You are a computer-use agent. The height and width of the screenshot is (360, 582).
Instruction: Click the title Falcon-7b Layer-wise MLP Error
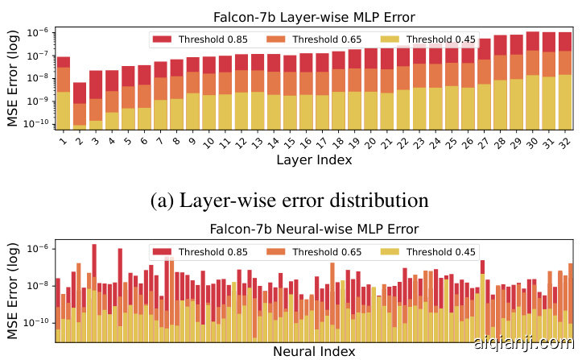coord(308,16)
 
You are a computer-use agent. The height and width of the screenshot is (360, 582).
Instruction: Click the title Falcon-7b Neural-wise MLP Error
coord(308,229)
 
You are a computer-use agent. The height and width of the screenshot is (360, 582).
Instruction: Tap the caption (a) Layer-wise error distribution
coord(290,199)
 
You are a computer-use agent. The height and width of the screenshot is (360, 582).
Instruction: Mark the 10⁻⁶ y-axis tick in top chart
coord(40,32)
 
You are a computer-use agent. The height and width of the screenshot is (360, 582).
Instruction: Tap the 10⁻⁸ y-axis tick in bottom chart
coord(40,285)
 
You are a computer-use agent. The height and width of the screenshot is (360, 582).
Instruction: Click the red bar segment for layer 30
coord(532,41)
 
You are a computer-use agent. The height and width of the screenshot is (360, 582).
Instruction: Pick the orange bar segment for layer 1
coord(63,79)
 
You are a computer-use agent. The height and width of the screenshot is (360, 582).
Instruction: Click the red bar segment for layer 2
coord(79,93)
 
